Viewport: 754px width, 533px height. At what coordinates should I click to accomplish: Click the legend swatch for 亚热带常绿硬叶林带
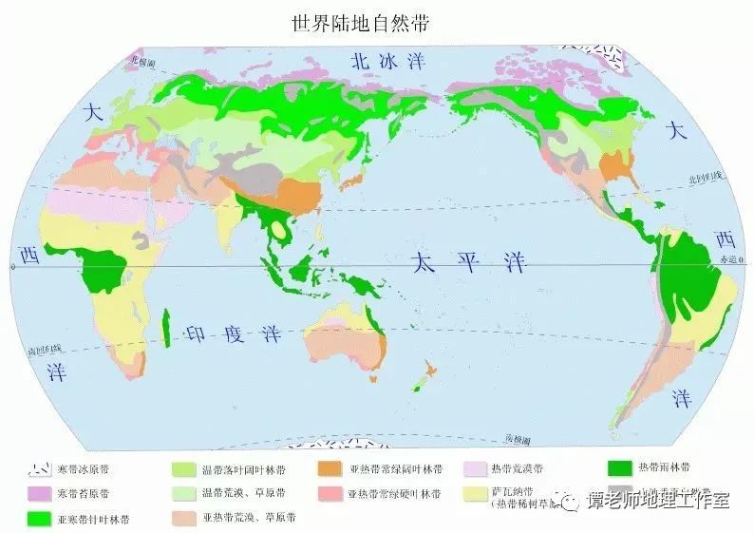coord(330,494)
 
